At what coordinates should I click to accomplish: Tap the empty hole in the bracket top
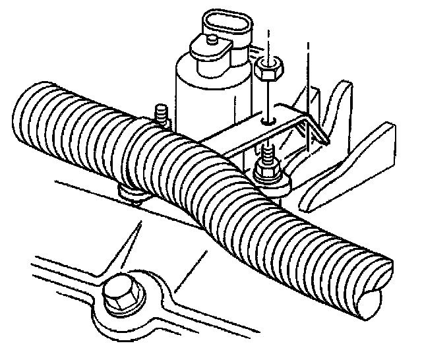point(267,121)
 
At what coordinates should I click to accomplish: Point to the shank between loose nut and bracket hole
point(268,99)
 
